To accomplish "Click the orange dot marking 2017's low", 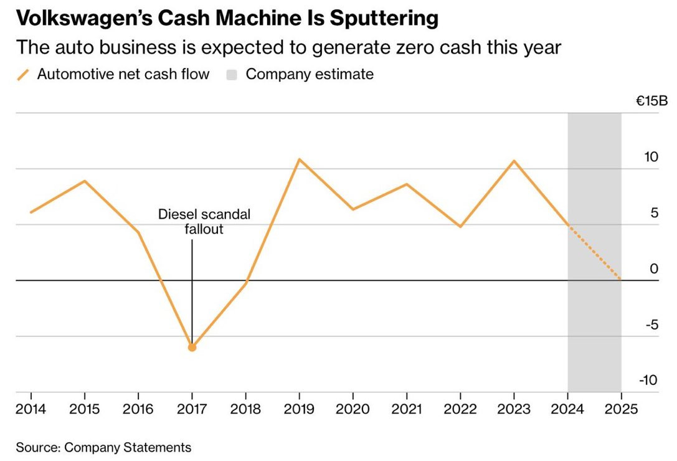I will [192, 348].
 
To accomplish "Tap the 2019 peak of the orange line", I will [300, 159].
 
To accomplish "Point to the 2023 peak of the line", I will [514, 161].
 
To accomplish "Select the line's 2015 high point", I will [85, 181].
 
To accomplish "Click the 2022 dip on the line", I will [460, 227].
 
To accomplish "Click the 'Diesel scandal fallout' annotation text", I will [204, 222].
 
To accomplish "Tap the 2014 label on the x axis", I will [31, 409].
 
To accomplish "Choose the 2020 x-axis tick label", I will [353, 409].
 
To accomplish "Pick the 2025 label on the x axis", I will [621, 409].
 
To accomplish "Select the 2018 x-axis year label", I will [245, 409].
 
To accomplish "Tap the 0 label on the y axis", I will [654, 269].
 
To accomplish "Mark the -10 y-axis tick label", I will [648, 381].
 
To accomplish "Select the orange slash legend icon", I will [23, 75].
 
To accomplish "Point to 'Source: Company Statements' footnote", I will [103, 447].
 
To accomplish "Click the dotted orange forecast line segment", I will [595, 253].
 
